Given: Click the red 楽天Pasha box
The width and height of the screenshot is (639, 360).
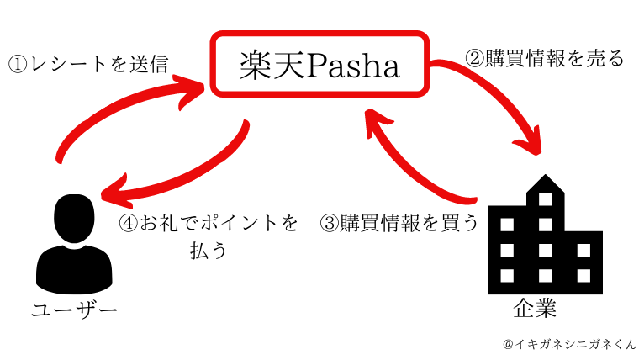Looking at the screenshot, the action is [319, 33].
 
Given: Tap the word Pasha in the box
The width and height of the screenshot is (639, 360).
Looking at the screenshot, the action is [353, 66].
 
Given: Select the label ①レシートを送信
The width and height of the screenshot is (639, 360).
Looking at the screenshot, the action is [88, 65].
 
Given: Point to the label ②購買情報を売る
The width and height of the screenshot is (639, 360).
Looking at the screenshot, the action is [545, 58].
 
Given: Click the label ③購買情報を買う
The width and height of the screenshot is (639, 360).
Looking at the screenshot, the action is [399, 223].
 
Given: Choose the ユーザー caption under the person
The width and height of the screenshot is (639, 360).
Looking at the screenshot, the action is [75, 311].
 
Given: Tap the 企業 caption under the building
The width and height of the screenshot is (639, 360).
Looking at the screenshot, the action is [535, 308].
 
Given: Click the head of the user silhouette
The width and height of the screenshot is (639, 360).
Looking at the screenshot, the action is [74, 218].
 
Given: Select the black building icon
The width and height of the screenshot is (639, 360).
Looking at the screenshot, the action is [546, 234].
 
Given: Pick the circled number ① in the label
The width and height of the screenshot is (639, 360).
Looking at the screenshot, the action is [18, 66].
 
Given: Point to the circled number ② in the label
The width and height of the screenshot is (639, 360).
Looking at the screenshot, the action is [474, 59].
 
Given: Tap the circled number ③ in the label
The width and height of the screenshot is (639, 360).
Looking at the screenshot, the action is [330, 224].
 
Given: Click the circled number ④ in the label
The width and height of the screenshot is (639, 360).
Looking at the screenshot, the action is [129, 224].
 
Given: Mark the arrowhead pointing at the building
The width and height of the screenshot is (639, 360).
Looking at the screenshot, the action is [530, 141].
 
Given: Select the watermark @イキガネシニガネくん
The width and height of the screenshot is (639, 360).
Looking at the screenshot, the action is [569, 344].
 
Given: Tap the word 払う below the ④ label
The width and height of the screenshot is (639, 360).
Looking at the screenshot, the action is [209, 250].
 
